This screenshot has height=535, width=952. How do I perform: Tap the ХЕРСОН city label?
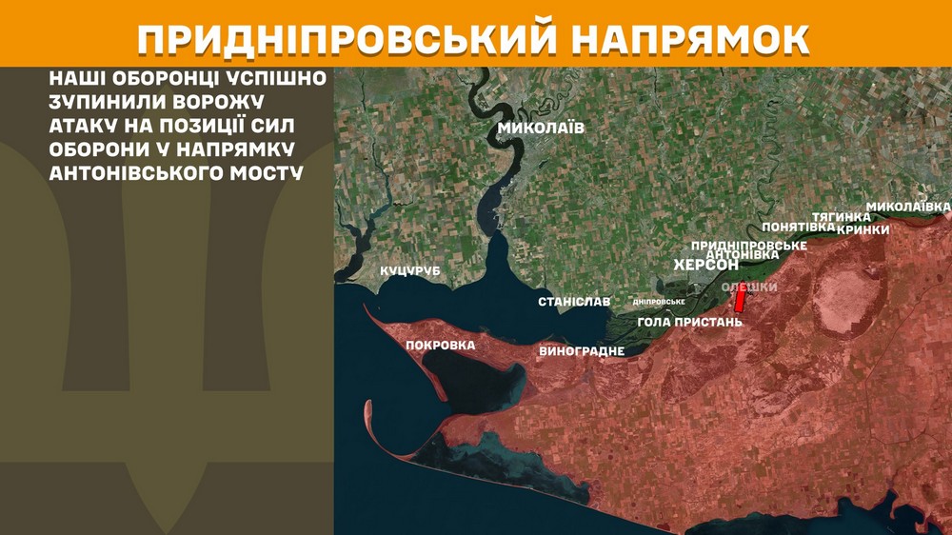(706, 266)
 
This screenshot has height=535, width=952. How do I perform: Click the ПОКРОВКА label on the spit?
(440, 346)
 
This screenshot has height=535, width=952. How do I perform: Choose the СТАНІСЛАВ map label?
(574, 302)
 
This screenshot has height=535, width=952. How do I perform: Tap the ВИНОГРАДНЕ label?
(582, 351)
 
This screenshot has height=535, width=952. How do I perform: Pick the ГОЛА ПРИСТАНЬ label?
(689, 322)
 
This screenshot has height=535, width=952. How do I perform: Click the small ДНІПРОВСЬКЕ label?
(660, 302)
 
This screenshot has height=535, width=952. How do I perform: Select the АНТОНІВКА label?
(744, 255)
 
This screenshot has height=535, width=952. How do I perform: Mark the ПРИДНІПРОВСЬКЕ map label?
(749, 246)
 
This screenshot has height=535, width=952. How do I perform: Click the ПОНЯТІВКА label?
(799, 228)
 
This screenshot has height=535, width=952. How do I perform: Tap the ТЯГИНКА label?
(841, 217)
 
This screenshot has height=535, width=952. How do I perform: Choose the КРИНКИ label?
(863, 229)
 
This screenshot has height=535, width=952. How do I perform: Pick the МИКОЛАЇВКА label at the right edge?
(908, 207)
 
